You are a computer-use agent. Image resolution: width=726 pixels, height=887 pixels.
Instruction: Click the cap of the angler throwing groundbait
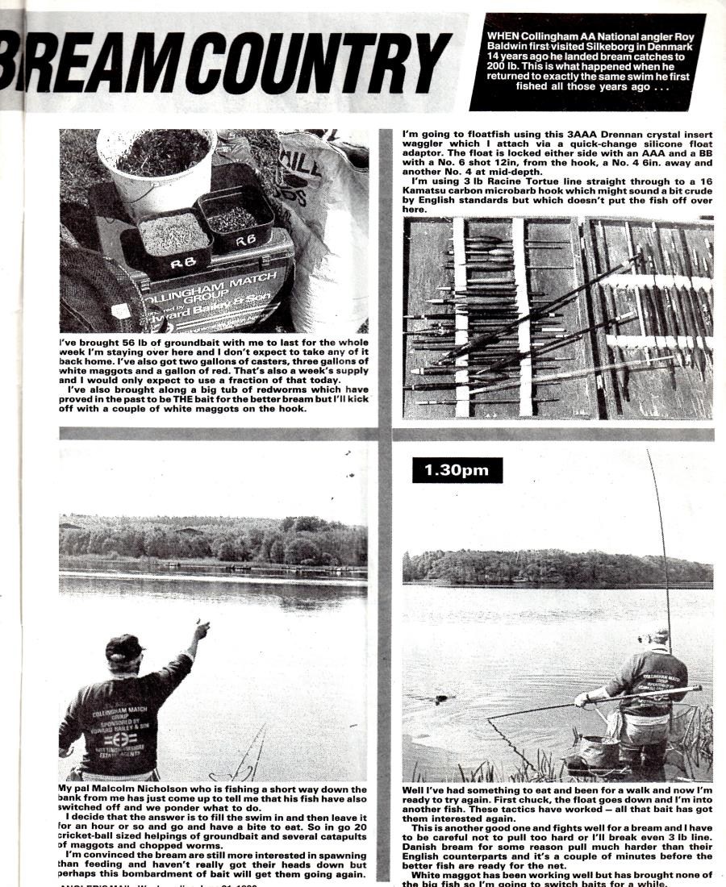[125, 646]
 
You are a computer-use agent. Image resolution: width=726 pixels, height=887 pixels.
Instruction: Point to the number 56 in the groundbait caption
[133, 343]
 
